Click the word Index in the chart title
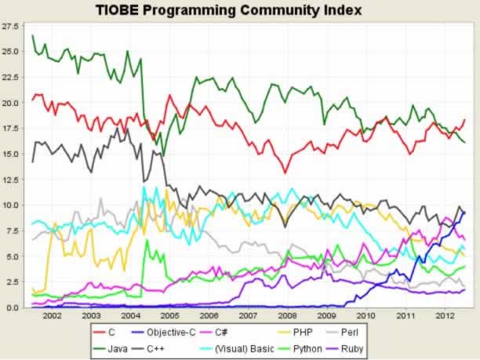342,10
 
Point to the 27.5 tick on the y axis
10,26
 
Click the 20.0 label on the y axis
10,103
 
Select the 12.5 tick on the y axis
10,180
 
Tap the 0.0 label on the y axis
13,307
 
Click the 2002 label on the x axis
52,315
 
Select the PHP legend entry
310,332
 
